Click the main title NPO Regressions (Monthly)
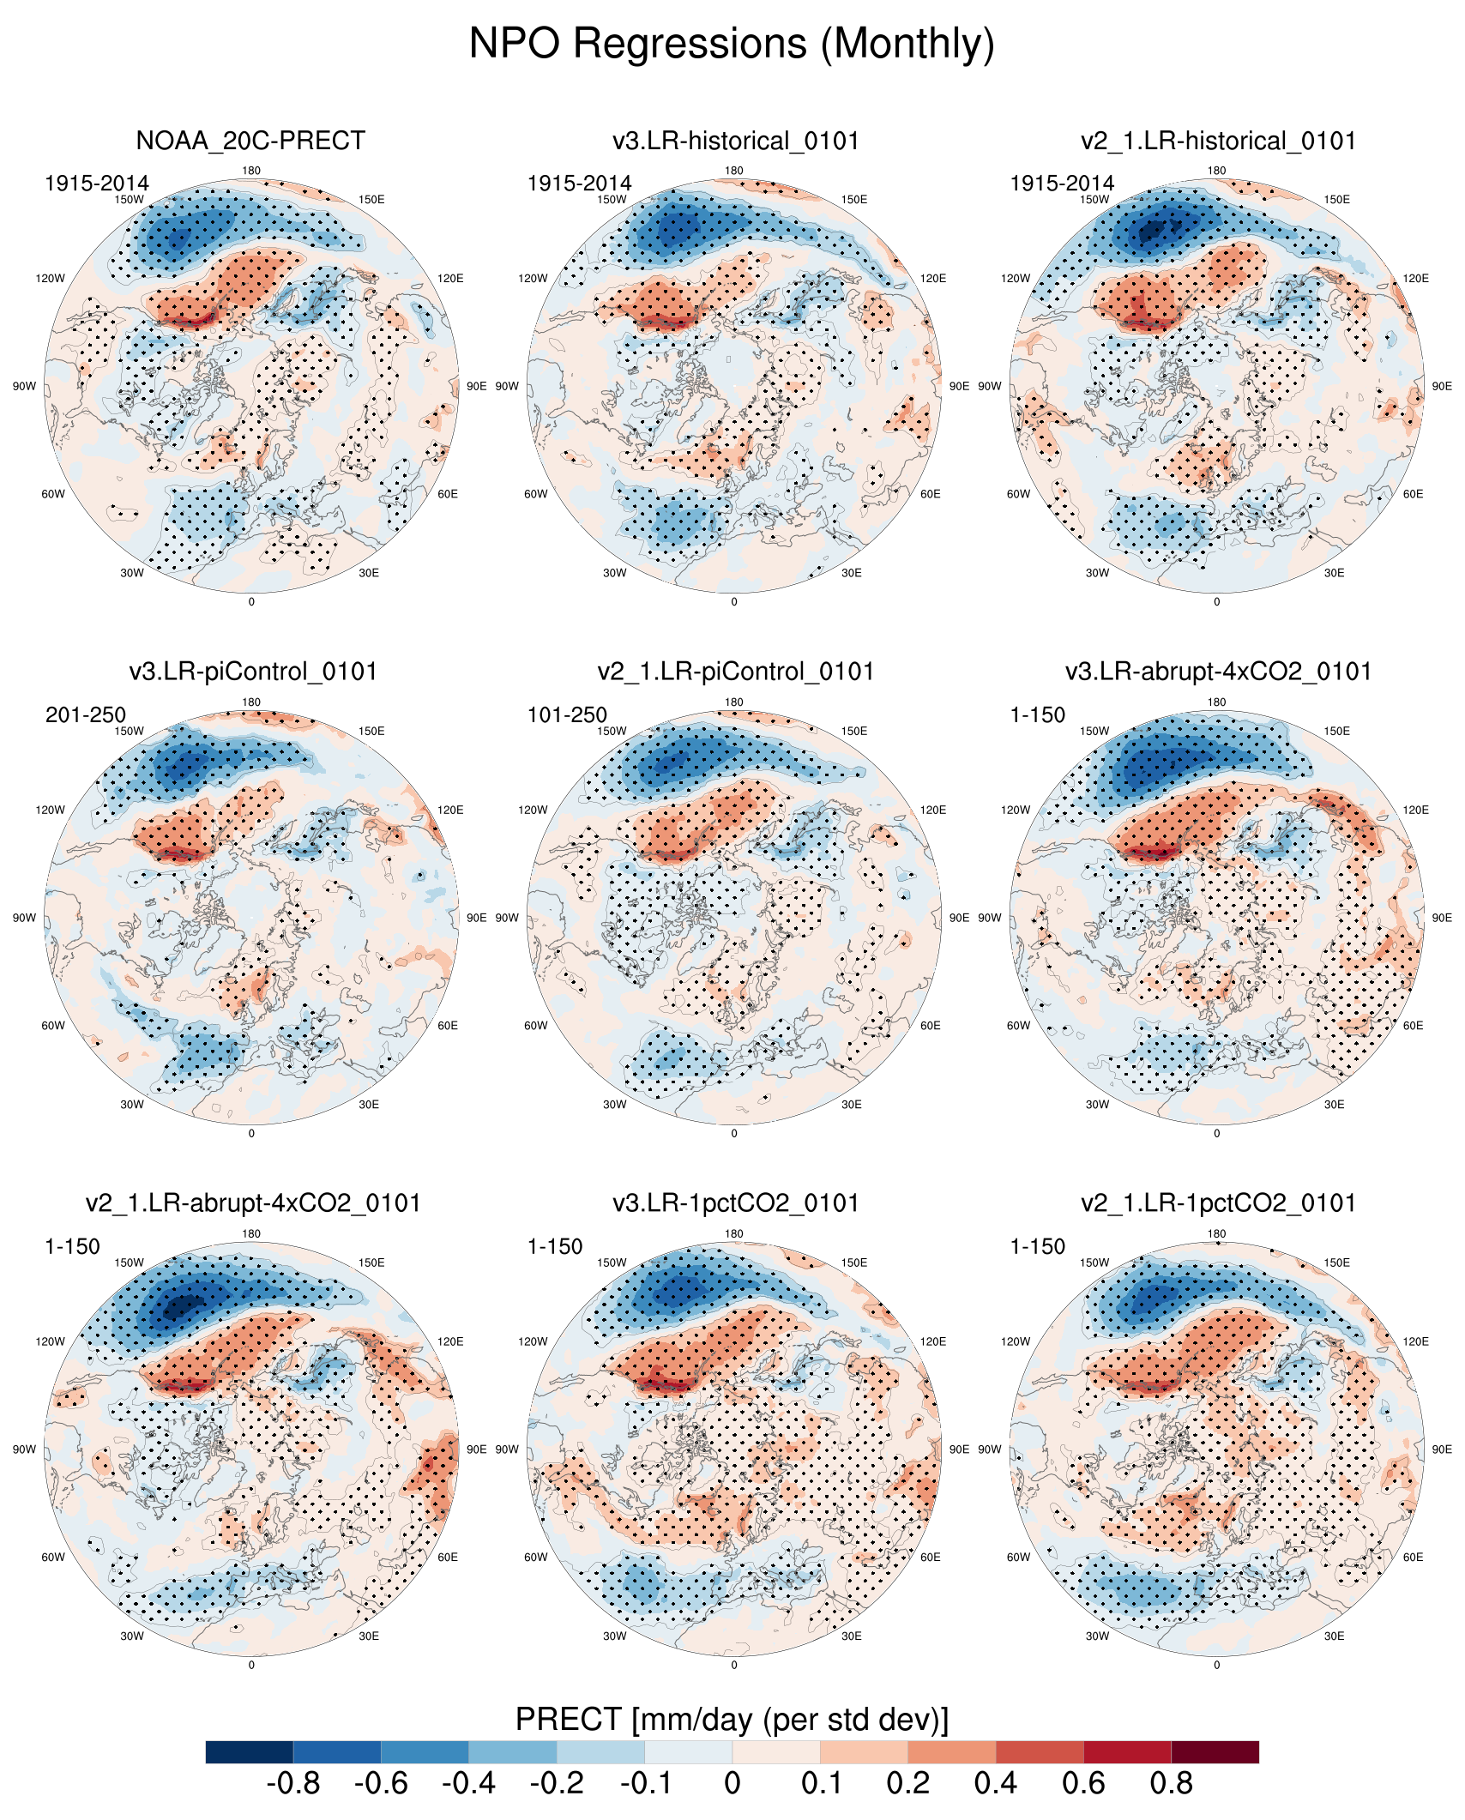[x=732, y=44]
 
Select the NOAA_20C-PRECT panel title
[x=250, y=141]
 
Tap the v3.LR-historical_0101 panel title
[x=735, y=141]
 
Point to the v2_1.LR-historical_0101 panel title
[x=1218, y=141]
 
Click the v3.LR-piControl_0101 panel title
[x=253, y=672]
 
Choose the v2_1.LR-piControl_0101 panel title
[x=735, y=672]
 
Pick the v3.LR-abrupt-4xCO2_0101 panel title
[x=1218, y=672]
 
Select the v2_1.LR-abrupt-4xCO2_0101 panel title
[x=253, y=1203]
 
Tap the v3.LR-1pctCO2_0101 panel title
[x=735, y=1203]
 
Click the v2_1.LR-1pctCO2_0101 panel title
[x=1218, y=1203]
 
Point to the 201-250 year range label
[x=86, y=715]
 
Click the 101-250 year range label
[x=567, y=715]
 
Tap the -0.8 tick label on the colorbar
[x=293, y=1784]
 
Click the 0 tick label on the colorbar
[x=732, y=1784]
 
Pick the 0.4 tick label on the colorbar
[x=995, y=1784]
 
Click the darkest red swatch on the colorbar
[x=1215, y=1752]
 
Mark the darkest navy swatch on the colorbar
[x=250, y=1752]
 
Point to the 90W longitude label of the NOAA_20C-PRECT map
[x=24, y=387]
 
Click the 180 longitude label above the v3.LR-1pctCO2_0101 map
[x=734, y=1234]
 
